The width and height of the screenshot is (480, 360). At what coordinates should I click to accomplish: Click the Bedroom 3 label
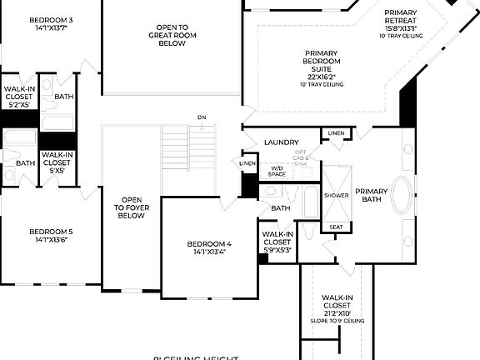[51, 20]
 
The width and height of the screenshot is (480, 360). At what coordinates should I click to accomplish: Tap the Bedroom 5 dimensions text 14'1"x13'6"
[51, 240]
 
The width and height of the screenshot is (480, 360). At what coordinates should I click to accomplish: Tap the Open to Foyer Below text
[132, 207]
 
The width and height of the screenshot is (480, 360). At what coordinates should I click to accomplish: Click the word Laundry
[281, 142]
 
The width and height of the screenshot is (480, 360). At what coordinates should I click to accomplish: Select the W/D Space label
[277, 171]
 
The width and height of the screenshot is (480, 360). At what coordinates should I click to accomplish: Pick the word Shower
[337, 195]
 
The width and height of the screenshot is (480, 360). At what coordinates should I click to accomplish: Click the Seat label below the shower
[336, 227]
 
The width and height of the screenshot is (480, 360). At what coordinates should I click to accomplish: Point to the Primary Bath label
[372, 196]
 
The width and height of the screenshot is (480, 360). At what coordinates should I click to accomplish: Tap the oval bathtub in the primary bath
[402, 197]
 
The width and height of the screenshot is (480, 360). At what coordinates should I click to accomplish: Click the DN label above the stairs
[202, 117]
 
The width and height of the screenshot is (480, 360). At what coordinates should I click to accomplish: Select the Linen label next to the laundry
[335, 133]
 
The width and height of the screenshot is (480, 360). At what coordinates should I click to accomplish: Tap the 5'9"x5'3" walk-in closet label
[277, 242]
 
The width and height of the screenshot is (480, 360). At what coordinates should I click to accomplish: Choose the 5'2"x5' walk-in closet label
[18, 97]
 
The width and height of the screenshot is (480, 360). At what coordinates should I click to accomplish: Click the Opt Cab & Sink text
[301, 158]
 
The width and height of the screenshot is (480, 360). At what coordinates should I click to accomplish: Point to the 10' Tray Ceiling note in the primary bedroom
[321, 84]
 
